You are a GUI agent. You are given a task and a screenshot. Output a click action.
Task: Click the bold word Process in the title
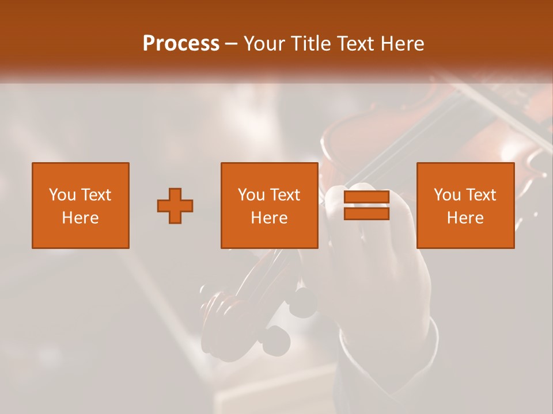pos(181,44)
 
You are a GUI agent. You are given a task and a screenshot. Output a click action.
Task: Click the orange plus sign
pos(175,206)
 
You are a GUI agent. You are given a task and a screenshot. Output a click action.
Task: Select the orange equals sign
pos(366,205)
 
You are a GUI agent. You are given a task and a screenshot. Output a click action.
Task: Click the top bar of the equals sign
pos(366,198)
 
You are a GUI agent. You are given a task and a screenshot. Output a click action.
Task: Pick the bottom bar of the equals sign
pos(366,213)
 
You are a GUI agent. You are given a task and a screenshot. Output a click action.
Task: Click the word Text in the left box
pos(96,195)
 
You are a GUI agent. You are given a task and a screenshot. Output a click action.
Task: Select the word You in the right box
pos(448,195)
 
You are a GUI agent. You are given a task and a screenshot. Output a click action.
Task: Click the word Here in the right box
pos(465,218)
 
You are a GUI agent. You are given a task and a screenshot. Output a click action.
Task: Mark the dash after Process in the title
pos(232,44)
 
